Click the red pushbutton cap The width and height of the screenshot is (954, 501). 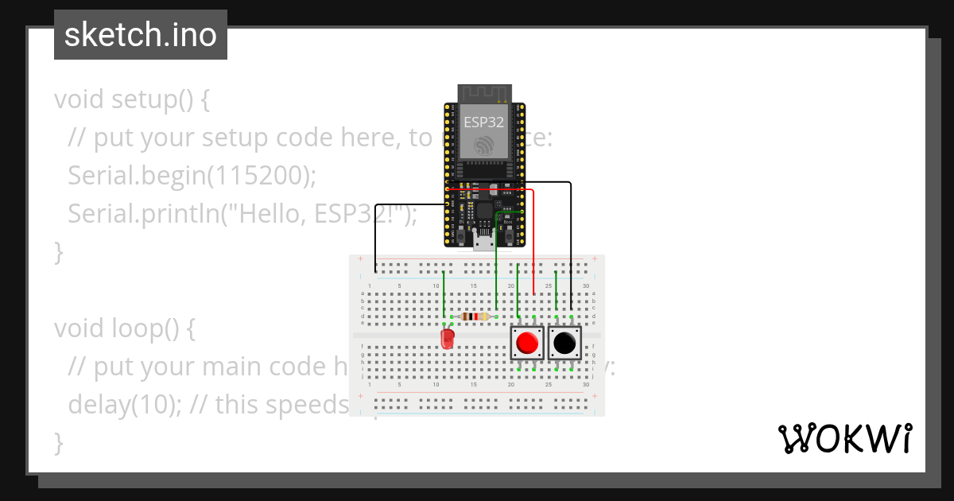526,343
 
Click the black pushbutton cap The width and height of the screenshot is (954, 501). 564,343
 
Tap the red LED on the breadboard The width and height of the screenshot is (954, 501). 448,340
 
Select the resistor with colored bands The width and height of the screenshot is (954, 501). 474,317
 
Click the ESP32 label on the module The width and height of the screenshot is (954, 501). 483,122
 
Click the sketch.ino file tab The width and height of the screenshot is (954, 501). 141,35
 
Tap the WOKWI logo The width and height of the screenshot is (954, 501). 844,438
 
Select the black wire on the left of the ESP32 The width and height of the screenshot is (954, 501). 375,235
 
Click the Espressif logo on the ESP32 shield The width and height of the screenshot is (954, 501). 483,146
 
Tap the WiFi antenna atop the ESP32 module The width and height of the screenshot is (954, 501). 483,93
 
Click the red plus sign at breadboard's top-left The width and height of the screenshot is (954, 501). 360,260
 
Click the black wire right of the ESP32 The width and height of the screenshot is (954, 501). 571,239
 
